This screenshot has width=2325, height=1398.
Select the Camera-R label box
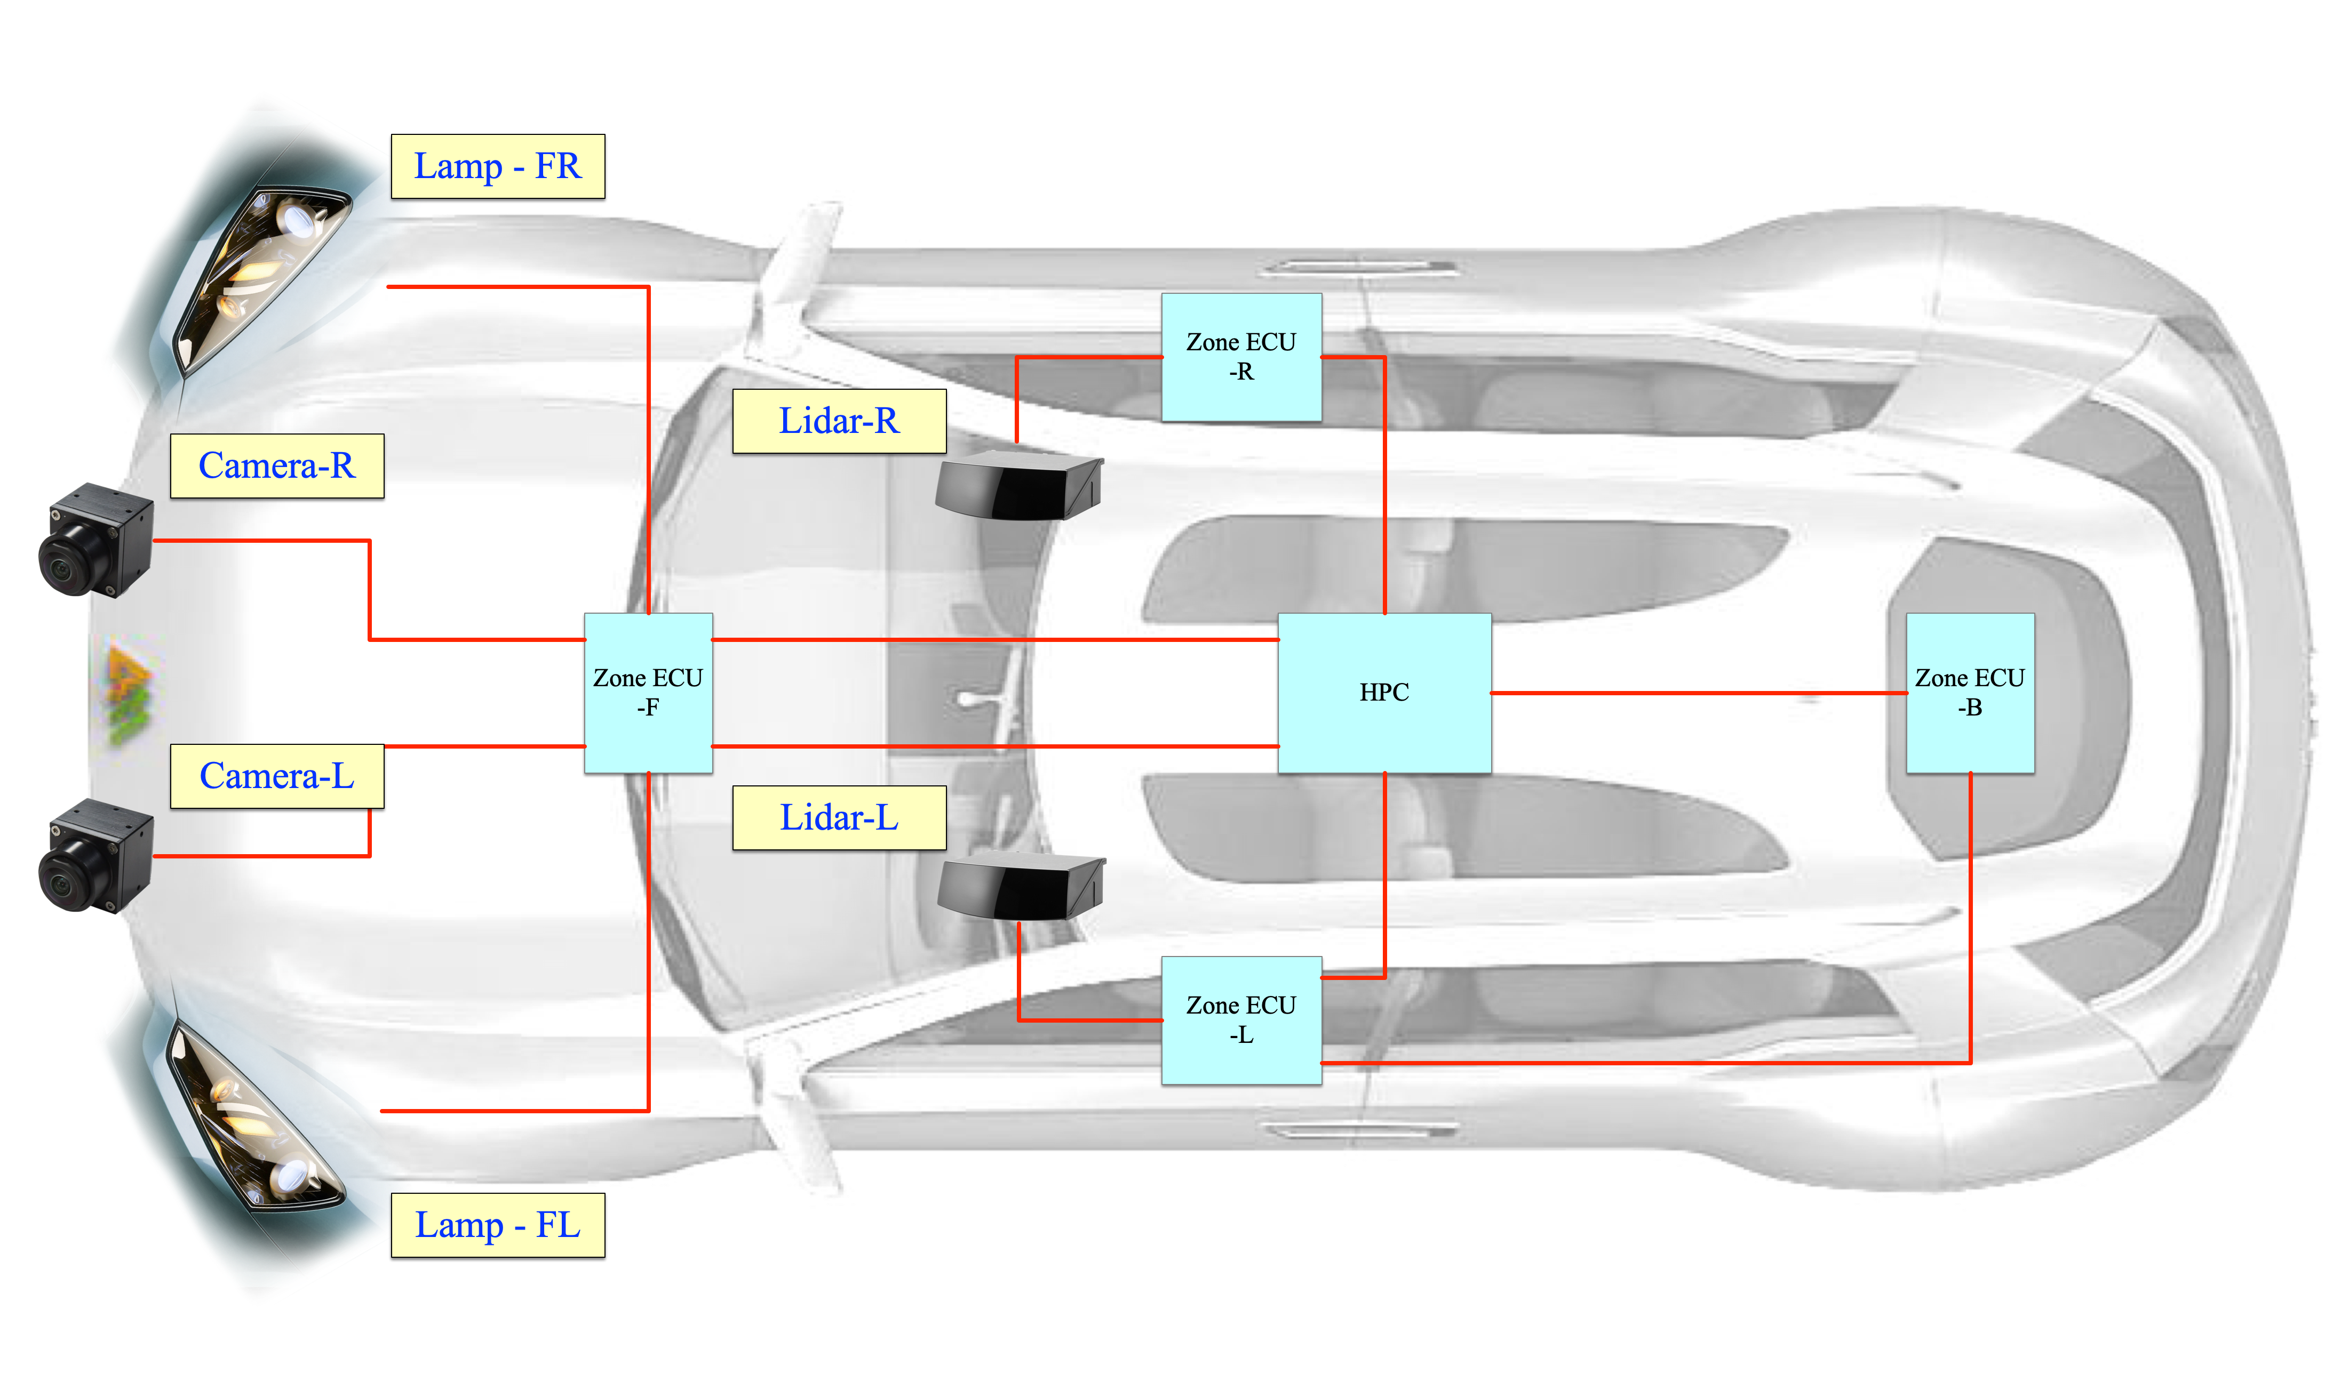tap(276, 465)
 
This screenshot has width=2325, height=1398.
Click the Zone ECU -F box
tap(648, 693)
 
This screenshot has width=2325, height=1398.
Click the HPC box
tap(1383, 693)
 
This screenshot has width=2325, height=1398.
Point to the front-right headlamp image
tap(259, 278)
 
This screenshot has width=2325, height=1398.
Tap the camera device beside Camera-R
tap(96, 540)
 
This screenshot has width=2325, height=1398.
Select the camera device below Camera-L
tap(96, 855)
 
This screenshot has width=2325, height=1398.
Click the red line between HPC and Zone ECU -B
tap(1698, 693)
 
